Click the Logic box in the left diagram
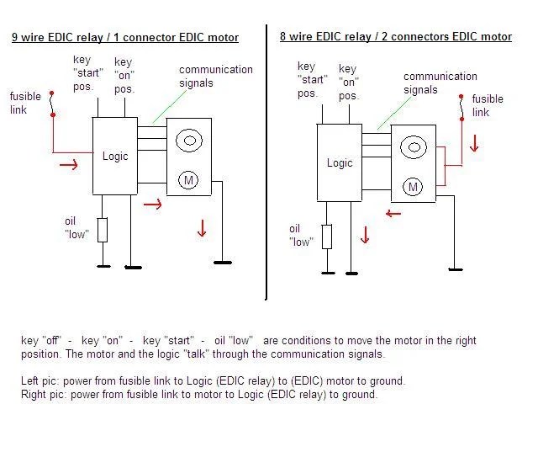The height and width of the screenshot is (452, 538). point(115,157)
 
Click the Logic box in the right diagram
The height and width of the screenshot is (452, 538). point(339,163)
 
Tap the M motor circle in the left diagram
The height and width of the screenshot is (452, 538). point(190,178)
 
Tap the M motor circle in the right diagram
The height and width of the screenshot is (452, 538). point(412,187)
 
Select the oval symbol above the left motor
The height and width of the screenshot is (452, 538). point(190,140)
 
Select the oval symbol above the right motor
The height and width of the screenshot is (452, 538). point(412,148)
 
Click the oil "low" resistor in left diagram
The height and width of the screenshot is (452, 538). point(103,230)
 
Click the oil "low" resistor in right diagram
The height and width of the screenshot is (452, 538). point(327,237)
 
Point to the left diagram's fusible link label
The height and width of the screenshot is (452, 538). point(25,104)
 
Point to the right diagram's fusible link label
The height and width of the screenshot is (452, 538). point(488,105)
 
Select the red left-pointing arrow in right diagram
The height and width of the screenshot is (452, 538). point(393,214)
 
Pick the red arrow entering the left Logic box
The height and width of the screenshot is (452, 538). point(69,164)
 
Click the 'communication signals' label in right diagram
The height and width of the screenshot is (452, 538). point(440,82)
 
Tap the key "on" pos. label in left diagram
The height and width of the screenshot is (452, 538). point(124,75)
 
